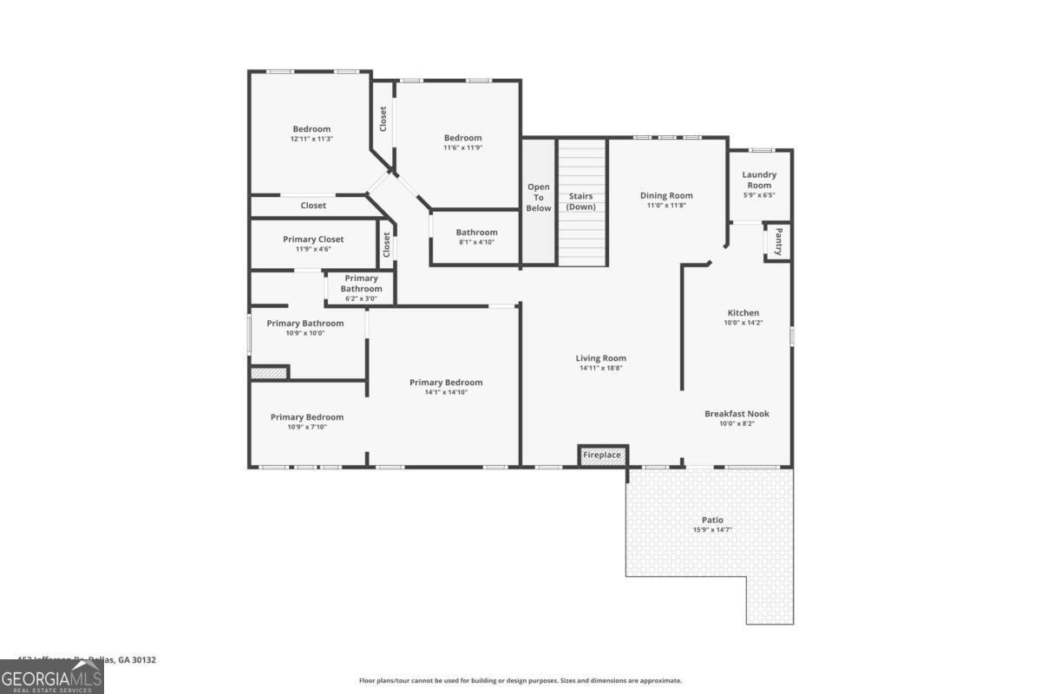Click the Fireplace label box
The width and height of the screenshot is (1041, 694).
(x=602, y=455)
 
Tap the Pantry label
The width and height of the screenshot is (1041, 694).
(x=778, y=241)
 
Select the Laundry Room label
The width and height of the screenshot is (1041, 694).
(x=759, y=180)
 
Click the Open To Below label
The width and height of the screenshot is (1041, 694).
(x=539, y=197)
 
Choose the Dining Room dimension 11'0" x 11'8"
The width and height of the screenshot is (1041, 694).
(x=666, y=206)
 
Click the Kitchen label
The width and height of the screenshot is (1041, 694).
(x=743, y=313)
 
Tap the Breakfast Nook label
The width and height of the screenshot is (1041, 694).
(x=737, y=414)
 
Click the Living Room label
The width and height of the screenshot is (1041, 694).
(x=600, y=358)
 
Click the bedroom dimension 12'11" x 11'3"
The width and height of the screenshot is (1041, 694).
(x=311, y=139)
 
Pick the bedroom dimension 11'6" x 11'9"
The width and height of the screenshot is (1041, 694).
(x=462, y=147)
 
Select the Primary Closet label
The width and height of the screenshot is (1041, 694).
(x=313, y=239)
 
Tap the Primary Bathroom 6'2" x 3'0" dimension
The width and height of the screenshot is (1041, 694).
(x=361, y=298)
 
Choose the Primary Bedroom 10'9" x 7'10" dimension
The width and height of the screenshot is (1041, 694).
(x=306, y=427)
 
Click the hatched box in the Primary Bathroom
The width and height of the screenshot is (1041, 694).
(x=269, y=372)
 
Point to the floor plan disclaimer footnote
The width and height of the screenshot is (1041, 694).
(x=520, y=681)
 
